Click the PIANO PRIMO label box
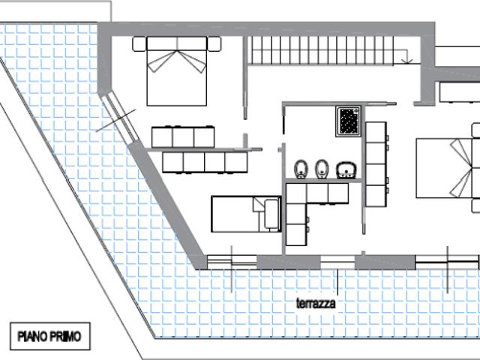(x=49, y=336)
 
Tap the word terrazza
(x=314, y=304)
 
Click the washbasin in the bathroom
(x=346, y=170)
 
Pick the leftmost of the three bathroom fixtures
(x=301, y=170)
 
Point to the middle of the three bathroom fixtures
(x=322, y=170)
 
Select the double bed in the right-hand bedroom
(x=446, y=167)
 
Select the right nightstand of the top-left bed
(x=214, y=44)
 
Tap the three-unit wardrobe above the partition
(x=183, y=136)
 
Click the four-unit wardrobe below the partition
(x=205, y=162)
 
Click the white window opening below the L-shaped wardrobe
(x=337, y=262)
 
